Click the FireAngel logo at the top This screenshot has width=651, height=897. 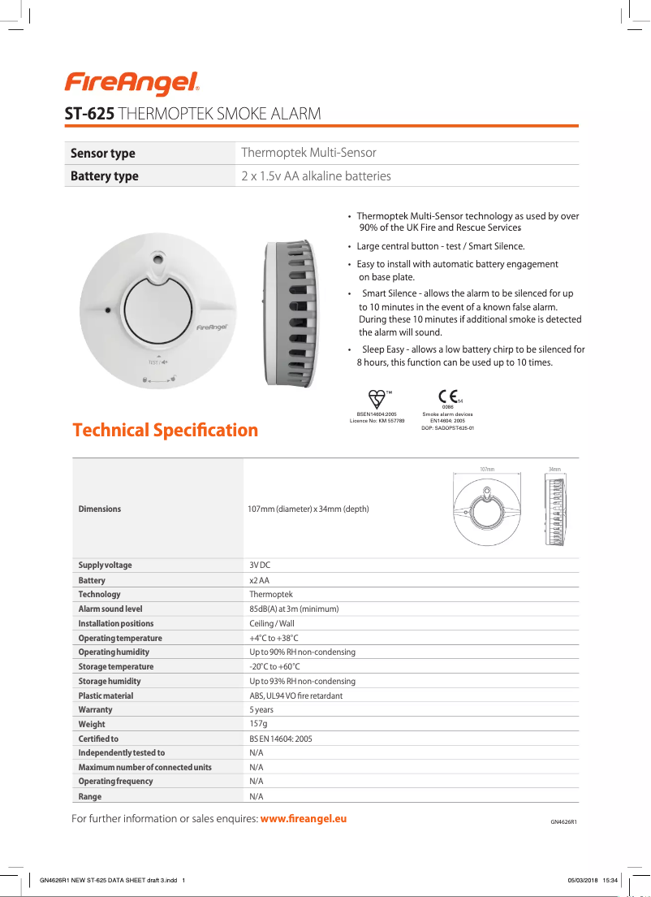pos(132,82)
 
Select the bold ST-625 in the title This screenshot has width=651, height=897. pos(89,115)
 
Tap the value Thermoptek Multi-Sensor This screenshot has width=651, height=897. pos(308,153)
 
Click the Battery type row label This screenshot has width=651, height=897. pos(105,175)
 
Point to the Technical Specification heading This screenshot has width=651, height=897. pos(165,430)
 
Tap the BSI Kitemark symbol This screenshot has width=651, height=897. pos(377,398)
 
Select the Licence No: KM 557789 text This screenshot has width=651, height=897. pos(377,420)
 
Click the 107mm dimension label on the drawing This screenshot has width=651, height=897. pos(487,470)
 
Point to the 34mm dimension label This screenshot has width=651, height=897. pos(554,470)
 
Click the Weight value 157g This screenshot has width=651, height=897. pos(258,723)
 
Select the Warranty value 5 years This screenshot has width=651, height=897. pos(261,709)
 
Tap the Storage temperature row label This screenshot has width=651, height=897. pos(116,666)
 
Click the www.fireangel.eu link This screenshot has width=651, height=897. pos(303,818)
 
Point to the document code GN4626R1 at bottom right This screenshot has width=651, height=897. pos(563,821)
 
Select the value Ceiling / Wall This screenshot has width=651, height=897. pos(272,623)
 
